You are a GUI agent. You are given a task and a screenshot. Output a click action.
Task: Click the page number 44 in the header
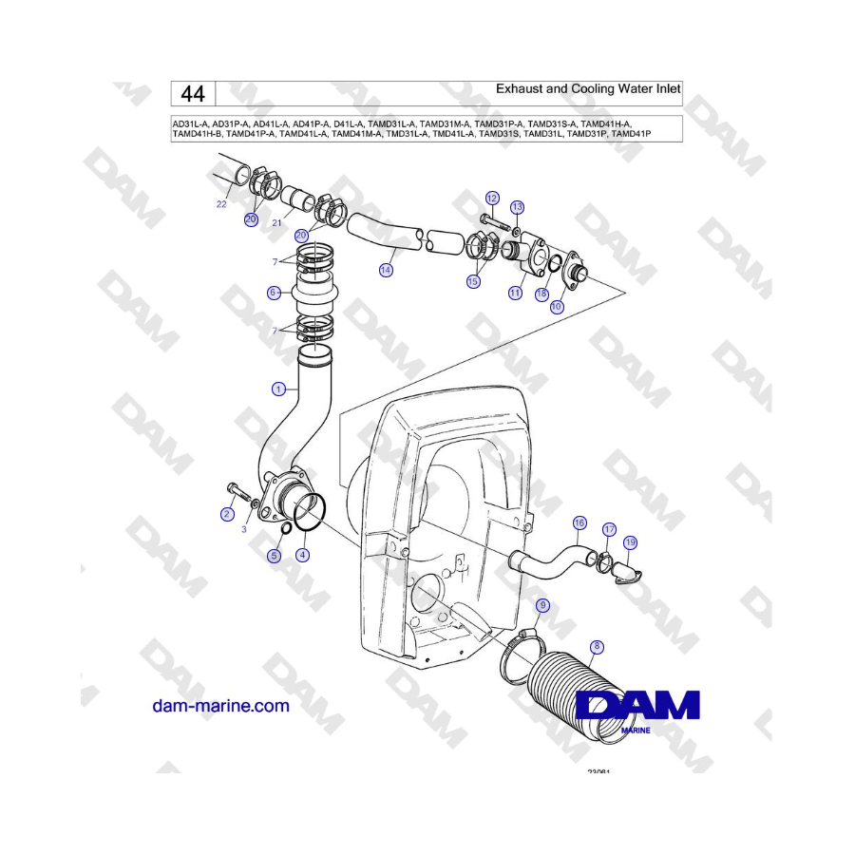[193, 93]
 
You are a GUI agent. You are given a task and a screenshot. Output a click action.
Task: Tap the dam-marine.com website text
[220, 706]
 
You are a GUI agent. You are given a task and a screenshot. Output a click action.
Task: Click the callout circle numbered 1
[278, 389]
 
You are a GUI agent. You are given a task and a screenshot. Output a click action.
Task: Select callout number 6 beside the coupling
[274, 294]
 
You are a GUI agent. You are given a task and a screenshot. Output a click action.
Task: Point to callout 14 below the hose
[386, 270]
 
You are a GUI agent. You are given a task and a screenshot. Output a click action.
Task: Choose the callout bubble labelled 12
[491, 198]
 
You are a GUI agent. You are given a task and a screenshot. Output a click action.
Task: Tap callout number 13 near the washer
[517, 207]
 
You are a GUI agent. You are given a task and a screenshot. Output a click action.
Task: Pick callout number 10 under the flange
[557, 307]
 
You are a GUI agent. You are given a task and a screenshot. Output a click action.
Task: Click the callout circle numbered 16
[579, 522]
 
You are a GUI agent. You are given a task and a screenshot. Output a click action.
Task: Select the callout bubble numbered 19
[631, 542]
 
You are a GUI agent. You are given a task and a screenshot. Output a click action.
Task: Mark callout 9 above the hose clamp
[542, 605]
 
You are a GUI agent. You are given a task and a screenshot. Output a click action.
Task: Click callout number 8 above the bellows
[597, 647]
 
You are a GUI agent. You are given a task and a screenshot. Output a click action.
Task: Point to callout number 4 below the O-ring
[302, 555]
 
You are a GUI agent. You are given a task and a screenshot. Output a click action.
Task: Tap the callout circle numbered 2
[227, 515]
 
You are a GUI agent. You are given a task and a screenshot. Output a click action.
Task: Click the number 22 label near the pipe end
[221, 204]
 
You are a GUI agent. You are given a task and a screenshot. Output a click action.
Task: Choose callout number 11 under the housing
[514, 294]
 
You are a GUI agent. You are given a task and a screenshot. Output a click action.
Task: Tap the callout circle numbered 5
[274, 556]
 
